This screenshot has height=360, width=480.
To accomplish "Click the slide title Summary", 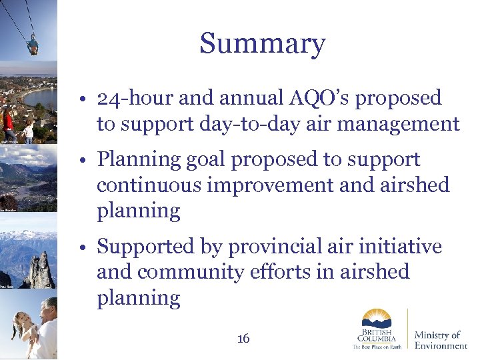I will pyautogui.click(x=262, y=44).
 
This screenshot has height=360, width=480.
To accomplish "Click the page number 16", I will pyautogui.click(x=243, y=339).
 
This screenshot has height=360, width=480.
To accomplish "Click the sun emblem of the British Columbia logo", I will pyautogui.click(x=377, y=318).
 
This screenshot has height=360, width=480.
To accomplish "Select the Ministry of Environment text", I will pyautogui.click(x=441, y=339).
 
